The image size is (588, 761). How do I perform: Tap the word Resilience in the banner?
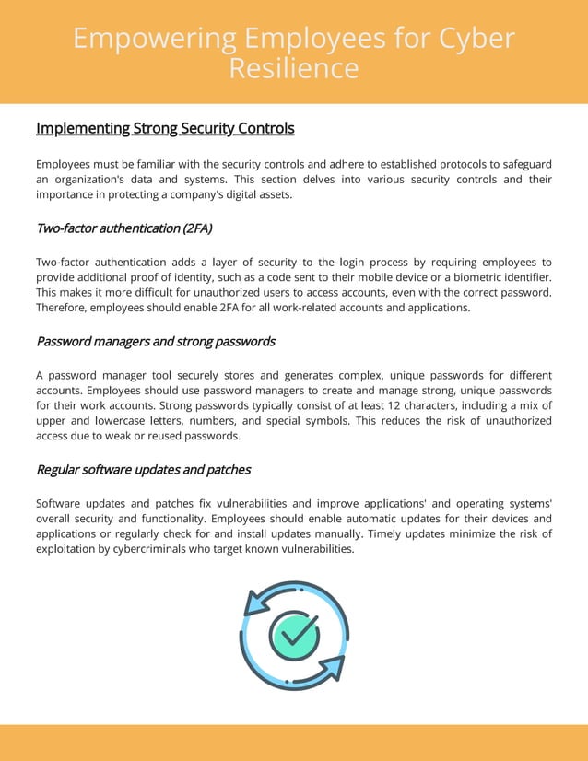click(x=293, y=68)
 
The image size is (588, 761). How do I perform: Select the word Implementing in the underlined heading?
click(x=82, y=128)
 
